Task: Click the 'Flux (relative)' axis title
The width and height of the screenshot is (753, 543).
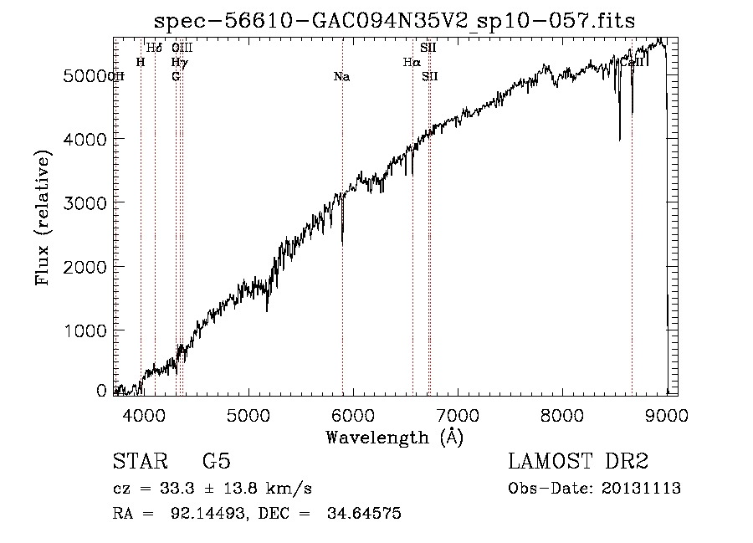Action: (x=43, y=218)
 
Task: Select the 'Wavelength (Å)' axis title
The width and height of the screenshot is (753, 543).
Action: (x=394, y=437)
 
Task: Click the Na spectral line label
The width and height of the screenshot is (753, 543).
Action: (x=341, y=77)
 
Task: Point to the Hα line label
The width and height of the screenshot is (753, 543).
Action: (x=411, y=63)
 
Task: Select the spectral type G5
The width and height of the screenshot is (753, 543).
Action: (x=217, y=462)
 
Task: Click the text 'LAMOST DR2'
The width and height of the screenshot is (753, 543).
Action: (x=578, y=462)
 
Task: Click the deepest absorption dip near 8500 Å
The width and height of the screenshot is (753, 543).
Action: (x=619, y=138)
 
